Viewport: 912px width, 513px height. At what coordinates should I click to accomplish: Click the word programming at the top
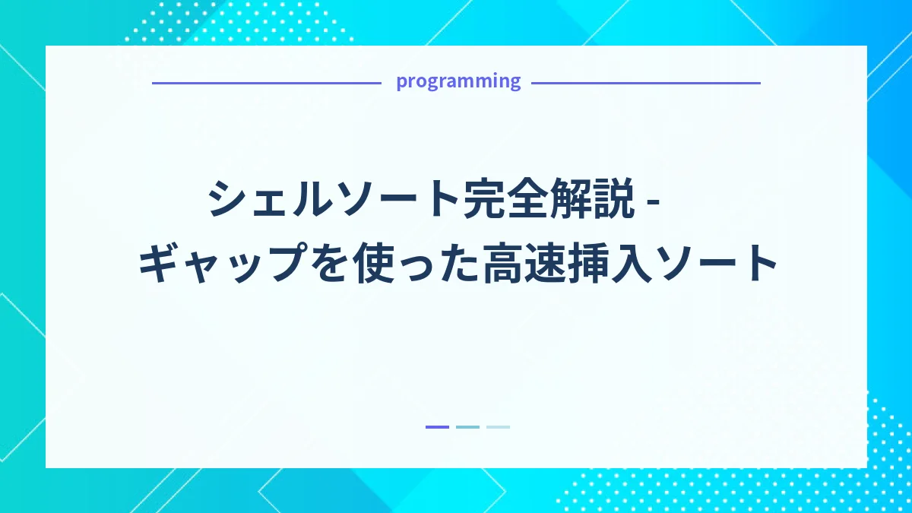(x=458, y=81)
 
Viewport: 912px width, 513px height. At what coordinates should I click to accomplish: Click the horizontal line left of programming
(x=266, y=82)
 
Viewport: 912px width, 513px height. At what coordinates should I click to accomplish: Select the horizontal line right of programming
(x=645, y=82)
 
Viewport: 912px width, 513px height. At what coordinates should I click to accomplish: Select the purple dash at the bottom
(x=437, y=427)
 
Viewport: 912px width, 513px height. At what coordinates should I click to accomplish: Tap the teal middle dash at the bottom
(x=467, y=427)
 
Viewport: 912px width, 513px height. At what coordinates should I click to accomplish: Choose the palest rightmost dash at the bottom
(x=498, y=427)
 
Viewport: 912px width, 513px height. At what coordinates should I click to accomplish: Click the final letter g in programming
(x=515, y=83)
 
